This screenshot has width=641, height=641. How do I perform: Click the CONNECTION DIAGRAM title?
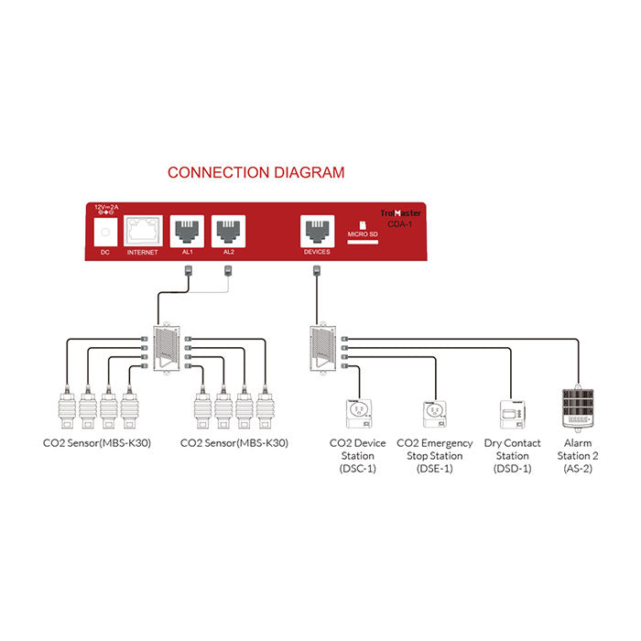[255, 172]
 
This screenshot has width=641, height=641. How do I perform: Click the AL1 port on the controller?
[188, 229]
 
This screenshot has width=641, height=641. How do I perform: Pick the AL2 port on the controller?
[228, 229]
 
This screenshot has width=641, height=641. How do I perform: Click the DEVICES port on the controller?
[316, 229]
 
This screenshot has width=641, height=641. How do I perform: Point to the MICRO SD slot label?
[363, 240]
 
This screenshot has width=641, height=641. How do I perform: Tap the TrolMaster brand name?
[404, 211]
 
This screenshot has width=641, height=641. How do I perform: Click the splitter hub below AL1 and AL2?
[168, 347]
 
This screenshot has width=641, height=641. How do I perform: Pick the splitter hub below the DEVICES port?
[325, 347]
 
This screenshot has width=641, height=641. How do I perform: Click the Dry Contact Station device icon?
[512, 415]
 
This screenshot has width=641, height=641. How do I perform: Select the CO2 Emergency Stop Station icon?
[434, 415]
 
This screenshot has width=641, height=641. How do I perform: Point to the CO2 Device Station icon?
[357, 415]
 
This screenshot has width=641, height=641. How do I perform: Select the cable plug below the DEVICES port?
[316, 270]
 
